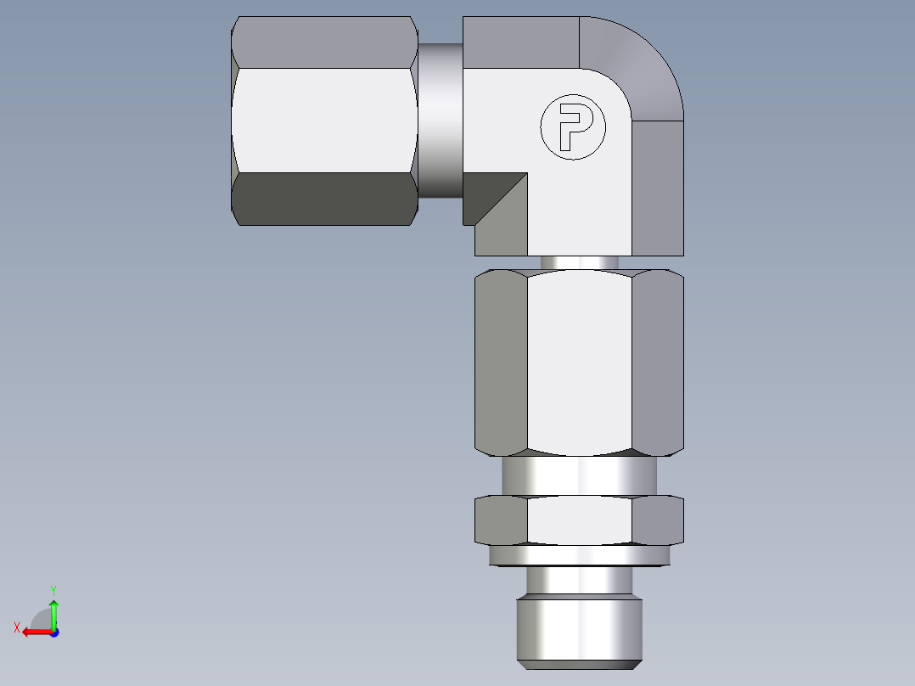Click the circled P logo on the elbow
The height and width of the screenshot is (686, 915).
click(x=574, y=127)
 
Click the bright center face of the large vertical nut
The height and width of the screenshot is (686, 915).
click(x=579, y=360)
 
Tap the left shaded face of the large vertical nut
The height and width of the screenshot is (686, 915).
click(x=501, y=360)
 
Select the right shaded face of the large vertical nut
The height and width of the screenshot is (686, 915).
click(x=658, y=360)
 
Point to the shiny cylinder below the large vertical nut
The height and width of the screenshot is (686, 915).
click(x=579, y=475)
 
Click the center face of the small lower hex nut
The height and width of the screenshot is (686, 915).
click(x=579, y=520)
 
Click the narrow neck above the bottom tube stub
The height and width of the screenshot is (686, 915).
click(x=581, y=581)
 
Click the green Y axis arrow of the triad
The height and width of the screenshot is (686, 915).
click(x=53, y=607)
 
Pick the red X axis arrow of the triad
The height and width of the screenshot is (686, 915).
click(x=32, y=632)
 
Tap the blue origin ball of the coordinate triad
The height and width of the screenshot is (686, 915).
click(x=53, y=632)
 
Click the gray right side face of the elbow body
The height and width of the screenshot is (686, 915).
click(x=658, y=187)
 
